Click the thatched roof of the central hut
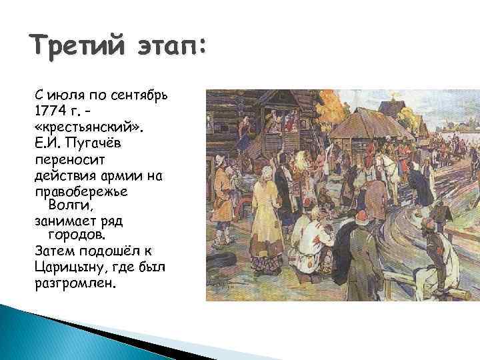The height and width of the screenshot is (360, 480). tap(363, 127)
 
